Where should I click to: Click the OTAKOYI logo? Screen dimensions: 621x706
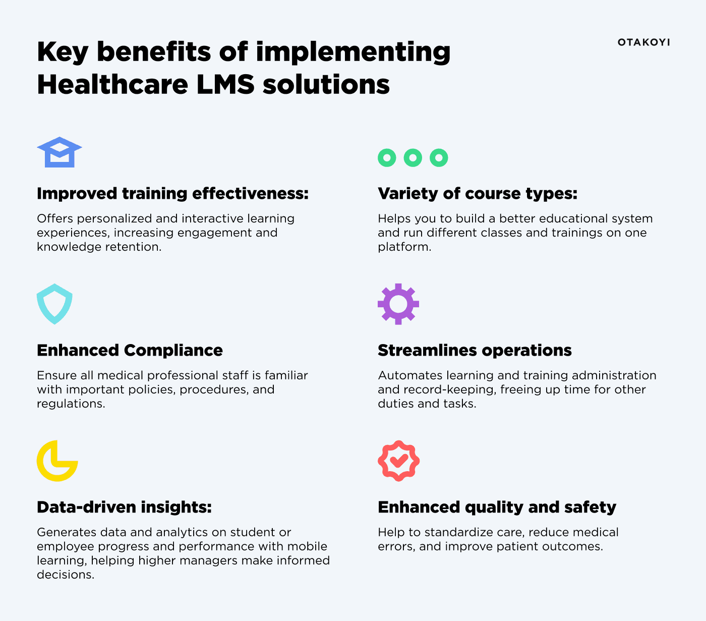[643, 42]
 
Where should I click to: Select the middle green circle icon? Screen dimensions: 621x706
[413, 158]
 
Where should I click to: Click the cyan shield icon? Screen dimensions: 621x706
[54, 304]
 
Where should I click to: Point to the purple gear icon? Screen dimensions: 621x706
[398, 304]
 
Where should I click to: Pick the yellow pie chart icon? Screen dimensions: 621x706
[57, 461]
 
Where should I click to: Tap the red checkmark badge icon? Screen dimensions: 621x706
[398, 461]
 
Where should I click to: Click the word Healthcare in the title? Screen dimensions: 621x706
[112, 84]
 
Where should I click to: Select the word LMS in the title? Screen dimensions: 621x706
[225, 84]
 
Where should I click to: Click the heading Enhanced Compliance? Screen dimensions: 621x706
[130, 350]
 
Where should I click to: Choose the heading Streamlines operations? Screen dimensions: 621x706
[475, 350]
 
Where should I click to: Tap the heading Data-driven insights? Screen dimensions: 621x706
[124, 507]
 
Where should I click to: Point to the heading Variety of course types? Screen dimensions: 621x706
[477, 193]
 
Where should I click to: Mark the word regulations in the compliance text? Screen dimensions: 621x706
[71, 404]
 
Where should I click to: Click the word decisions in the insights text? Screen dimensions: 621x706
[65, 575]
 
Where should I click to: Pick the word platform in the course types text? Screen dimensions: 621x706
[404, 247]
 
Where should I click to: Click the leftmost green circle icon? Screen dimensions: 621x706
[387, 158]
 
